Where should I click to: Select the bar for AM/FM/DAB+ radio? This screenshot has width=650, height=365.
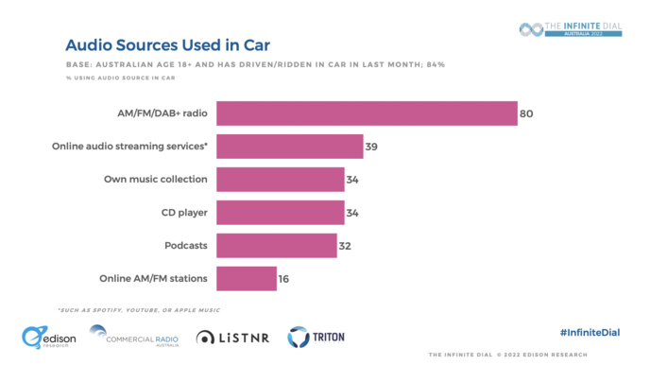367,113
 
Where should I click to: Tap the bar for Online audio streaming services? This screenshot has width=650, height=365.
290,147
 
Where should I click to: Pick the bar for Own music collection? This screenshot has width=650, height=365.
280,180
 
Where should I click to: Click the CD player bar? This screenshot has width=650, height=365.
280,213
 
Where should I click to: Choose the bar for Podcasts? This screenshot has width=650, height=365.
276,246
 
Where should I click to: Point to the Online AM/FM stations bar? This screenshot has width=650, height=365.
246,279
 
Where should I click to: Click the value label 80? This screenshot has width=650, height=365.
526,113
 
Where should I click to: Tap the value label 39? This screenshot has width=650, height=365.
372,147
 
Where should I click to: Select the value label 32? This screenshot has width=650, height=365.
345,246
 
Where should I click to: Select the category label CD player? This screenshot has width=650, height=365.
183,213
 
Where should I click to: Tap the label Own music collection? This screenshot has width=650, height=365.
155,180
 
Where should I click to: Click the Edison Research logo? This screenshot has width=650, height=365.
49,337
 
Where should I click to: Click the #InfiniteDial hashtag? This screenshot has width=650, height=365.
590,333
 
